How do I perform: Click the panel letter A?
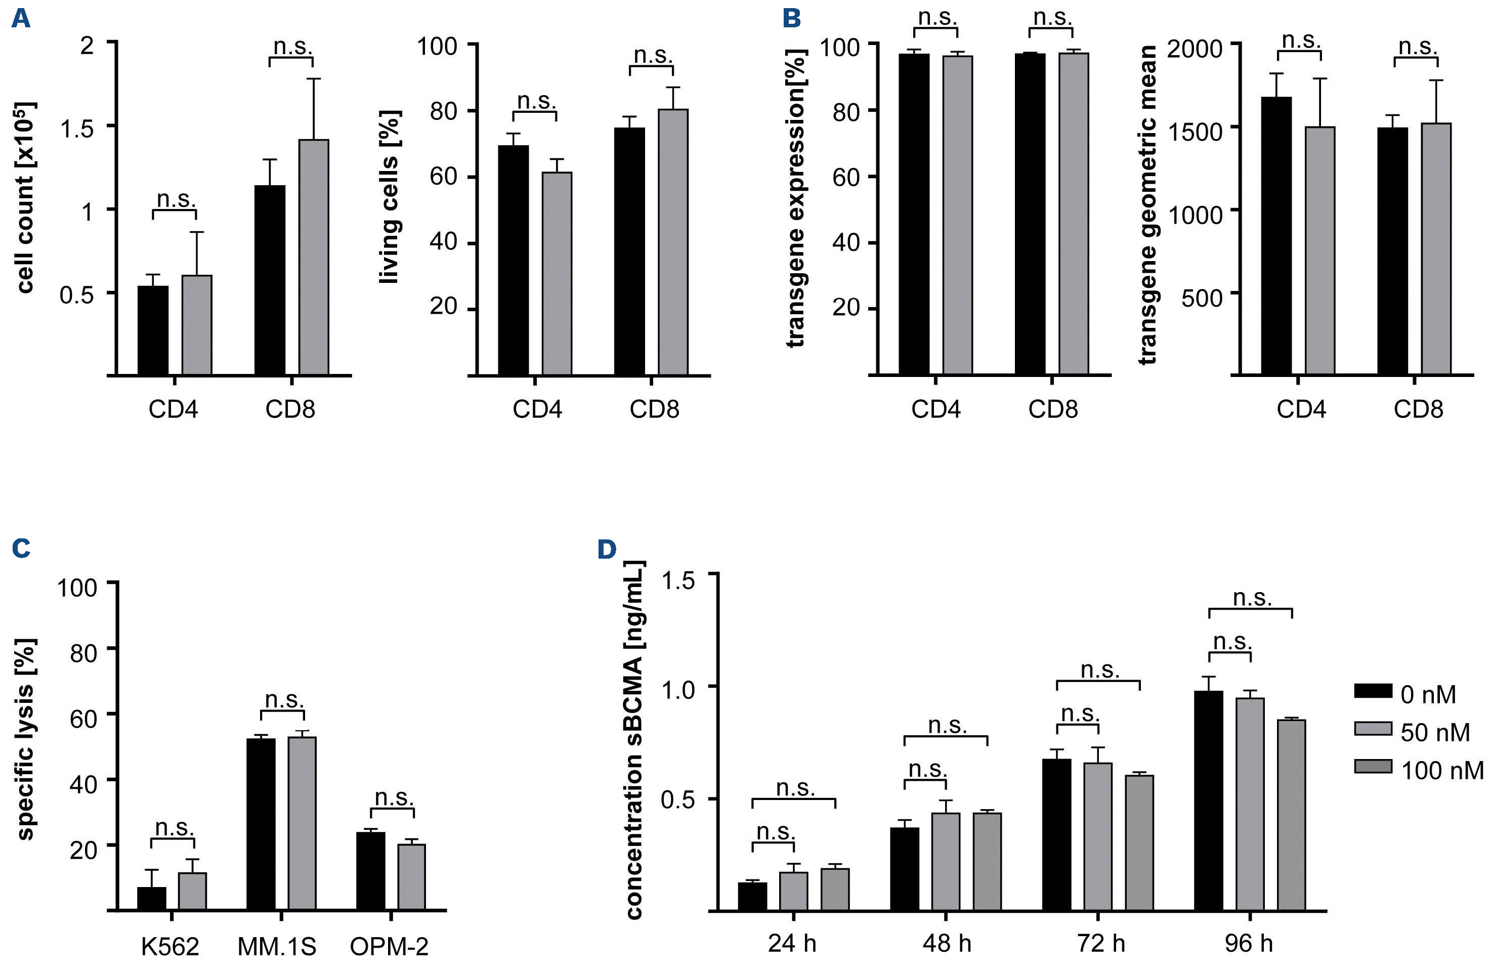[21, 18]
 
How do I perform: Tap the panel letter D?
[607, 549]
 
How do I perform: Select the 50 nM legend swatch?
[1373, 728]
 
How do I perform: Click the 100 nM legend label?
[1441, 770]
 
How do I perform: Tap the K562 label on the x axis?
[170, 946]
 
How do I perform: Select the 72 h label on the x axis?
[1101, 943]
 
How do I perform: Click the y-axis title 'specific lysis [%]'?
[26, 739]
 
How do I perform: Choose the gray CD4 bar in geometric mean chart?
[1319, 250]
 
